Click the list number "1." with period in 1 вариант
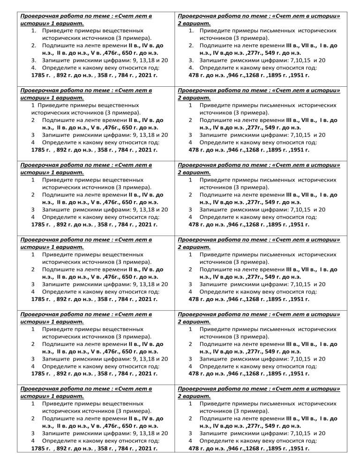tap(34, 31)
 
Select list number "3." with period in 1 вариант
tap(34, 61)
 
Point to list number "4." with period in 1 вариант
tap(34, 68)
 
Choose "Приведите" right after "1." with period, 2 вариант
tap(216, 31)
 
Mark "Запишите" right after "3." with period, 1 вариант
tap(56, 61)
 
